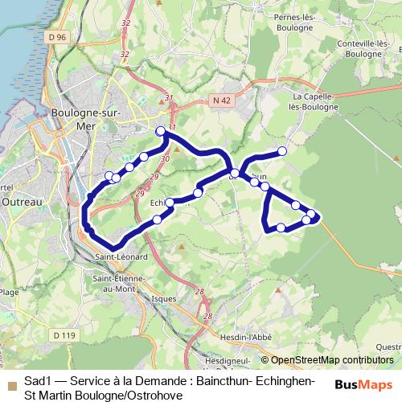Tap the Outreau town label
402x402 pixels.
click(x=15, y=202)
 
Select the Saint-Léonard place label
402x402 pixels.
click(x=120, y=257)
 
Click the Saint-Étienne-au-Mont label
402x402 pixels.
click(x=118, y=283)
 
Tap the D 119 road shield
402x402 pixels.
click(x=63, y=334)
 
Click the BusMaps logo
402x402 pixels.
click(x=364, y=384)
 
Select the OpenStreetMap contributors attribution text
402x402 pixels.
click(x=331, y=360)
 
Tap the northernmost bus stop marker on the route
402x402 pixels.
click(x=161, y=131)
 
